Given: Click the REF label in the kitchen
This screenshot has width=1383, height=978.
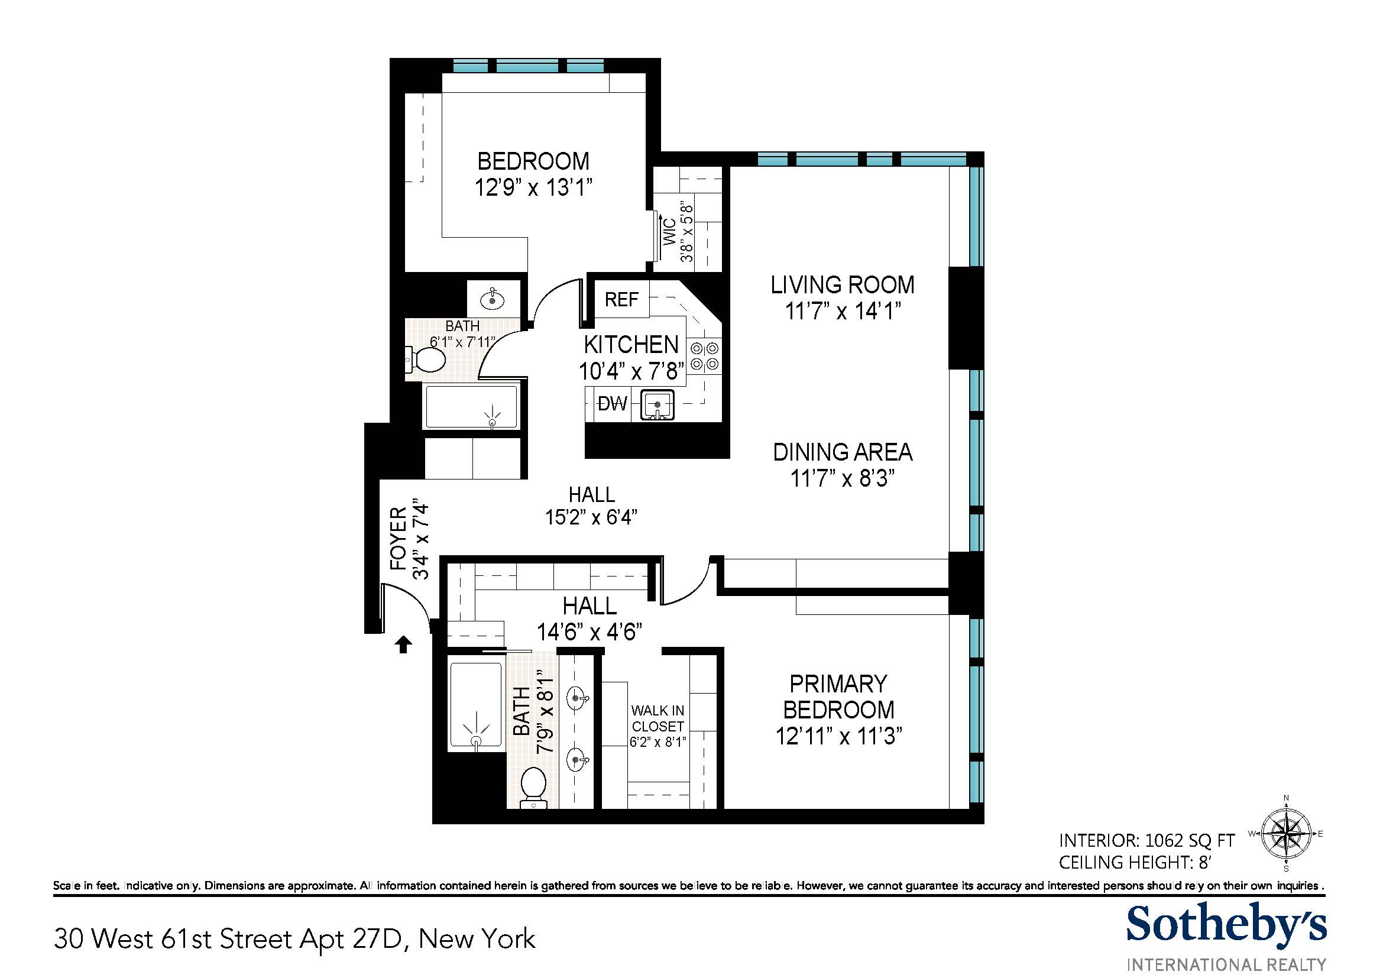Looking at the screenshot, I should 621,299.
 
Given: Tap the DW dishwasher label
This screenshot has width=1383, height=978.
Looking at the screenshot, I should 612,403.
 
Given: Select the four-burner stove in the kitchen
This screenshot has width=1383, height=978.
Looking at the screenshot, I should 704,356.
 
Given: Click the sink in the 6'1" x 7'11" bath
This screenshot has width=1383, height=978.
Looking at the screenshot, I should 493,298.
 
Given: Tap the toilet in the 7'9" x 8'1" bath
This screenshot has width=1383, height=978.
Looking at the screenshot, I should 533,786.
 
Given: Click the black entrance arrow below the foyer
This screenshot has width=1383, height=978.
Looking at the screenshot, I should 403,645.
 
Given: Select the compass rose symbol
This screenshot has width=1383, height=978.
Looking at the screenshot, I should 1286,834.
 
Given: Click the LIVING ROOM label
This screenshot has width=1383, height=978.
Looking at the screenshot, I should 842,285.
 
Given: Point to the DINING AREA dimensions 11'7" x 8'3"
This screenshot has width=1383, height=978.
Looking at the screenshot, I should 842,479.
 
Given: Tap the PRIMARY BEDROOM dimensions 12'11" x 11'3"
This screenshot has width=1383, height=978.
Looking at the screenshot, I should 838,736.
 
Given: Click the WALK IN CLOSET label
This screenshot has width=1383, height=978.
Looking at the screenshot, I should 658,718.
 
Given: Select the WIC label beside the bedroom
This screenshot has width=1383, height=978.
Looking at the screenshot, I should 670,232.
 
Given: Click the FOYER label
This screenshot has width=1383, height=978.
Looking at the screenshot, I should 398,539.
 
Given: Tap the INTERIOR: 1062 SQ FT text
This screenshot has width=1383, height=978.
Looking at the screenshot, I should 1146,840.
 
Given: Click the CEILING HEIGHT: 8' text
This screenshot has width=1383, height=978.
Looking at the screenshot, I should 1134,862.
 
